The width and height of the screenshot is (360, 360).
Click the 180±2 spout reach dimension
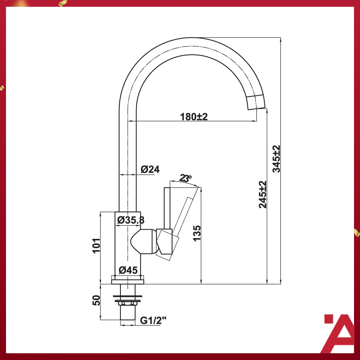click(193, 117)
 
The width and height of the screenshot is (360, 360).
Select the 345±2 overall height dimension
click(276, 159)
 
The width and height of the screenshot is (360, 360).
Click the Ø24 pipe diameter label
click(150, 169)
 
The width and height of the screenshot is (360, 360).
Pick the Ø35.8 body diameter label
click(130, 220)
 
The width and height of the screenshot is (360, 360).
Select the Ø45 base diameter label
click(128, 270)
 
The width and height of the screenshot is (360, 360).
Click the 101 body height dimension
click(96, 246)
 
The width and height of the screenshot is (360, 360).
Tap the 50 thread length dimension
click(96, 301)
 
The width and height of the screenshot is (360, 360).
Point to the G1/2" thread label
click(153, 321)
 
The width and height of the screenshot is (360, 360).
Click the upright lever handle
click(167, 208)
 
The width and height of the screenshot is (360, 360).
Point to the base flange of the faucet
click(127, 279)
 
